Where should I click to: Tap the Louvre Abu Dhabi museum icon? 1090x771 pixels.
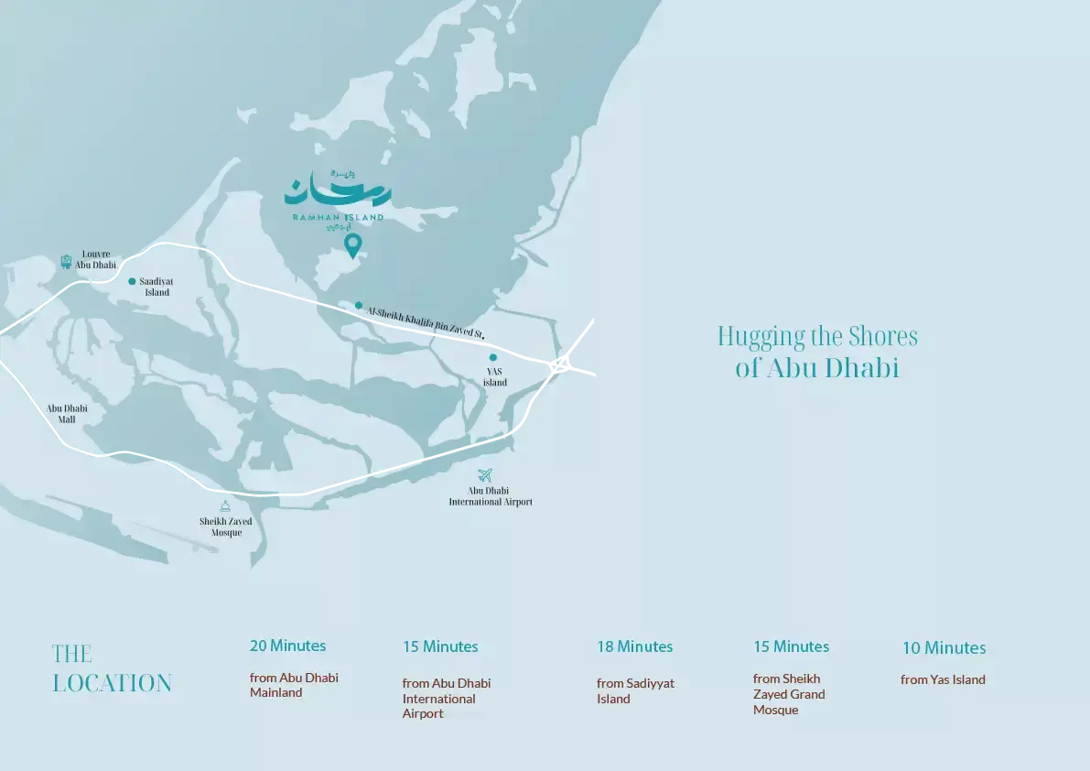[66, 261]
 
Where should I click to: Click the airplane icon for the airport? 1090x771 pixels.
[485, 475]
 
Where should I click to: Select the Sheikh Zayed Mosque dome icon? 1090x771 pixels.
[225, 505]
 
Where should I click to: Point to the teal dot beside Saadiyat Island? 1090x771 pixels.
[132, 281]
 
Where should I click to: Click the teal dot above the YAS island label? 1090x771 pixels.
[492, 358]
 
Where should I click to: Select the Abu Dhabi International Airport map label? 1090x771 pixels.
[491, 496]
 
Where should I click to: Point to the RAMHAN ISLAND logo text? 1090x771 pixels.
[338, 217]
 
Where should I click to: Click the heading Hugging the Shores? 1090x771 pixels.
[817, 337]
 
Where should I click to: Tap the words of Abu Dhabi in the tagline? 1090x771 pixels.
[817, 368]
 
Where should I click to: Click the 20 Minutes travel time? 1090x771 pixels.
[287, 646]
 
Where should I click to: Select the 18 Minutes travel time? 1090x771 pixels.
[634, 646]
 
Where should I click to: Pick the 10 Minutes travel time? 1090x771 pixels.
[944, 648]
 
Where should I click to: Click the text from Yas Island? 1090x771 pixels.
[943, 679]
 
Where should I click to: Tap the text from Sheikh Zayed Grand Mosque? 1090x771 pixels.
[789, 694]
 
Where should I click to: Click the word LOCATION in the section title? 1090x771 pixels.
[112, 683]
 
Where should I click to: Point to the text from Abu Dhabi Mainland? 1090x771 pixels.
[294, 685]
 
